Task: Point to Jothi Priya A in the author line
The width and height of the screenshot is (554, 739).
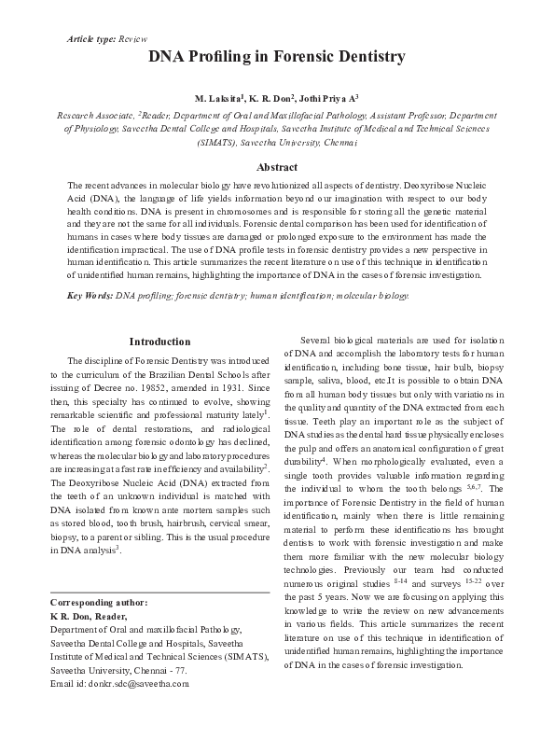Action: (328, 97)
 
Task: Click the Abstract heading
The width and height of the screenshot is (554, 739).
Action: (276, 167)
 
